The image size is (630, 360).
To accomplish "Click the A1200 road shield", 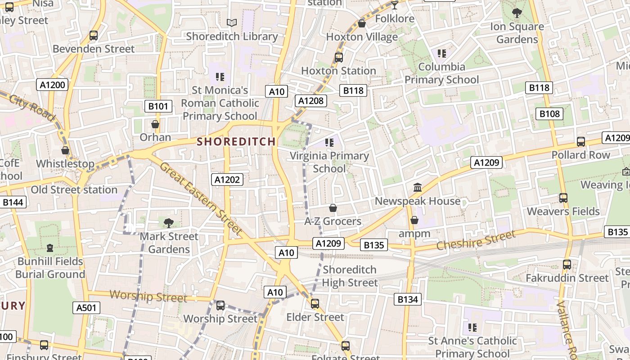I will pos(53,85).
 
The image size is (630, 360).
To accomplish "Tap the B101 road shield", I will pos(158,106).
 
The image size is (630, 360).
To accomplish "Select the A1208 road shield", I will pos(311,101).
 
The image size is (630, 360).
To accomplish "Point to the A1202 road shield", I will pos(227,180).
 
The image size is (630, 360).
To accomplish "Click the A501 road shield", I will pos(86,308).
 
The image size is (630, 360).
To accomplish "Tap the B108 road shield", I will pos(550,114).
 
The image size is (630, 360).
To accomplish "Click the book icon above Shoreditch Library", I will pos(232,22).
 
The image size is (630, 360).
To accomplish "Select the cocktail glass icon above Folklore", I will pos(395,5).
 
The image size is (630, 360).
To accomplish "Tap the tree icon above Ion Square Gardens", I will pos(517,13).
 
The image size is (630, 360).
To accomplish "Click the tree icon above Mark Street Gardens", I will pos(169,222).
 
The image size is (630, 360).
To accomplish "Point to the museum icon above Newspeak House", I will pos(418,187).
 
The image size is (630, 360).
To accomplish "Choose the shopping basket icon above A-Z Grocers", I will pos(333,208).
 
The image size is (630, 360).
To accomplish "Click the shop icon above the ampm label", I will pos(414,220).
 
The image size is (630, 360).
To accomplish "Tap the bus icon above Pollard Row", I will pos(581,141).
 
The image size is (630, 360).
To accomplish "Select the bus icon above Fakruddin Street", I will pos(567,265).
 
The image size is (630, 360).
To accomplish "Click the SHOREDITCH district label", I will pos(236,141).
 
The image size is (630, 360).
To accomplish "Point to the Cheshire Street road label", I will pos(476,241).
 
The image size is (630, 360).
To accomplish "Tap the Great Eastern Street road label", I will pos(201,198).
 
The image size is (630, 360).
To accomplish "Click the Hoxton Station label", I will pos(338,71).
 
